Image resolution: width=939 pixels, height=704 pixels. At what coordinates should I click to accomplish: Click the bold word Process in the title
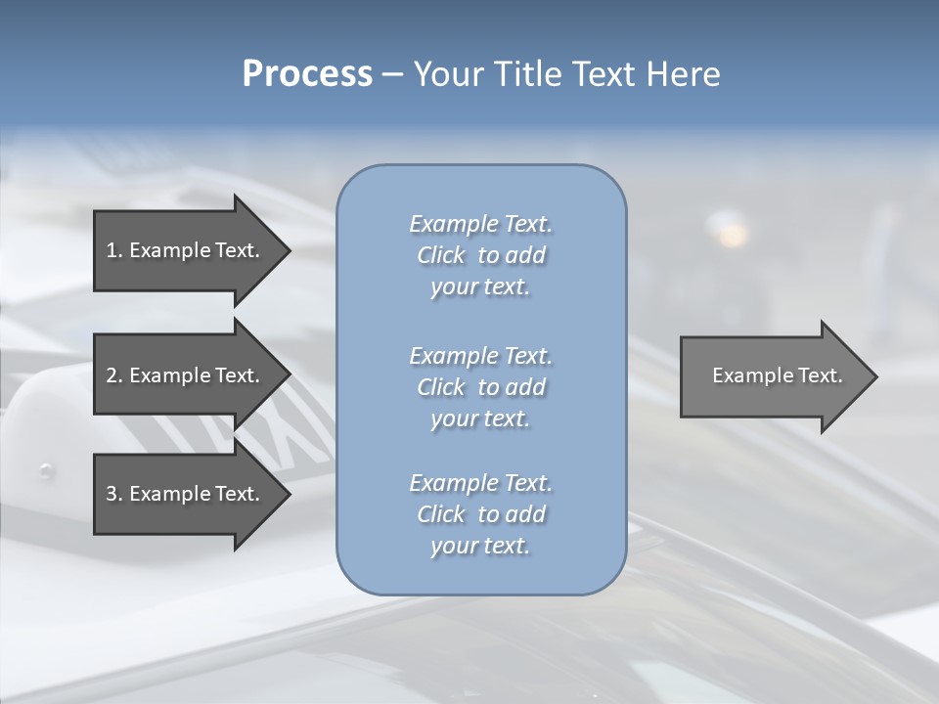pos(307,74)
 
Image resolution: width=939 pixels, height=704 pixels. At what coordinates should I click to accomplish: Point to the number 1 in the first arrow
pos(112,250)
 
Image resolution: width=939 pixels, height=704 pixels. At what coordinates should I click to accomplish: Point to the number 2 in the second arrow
pos(112,375)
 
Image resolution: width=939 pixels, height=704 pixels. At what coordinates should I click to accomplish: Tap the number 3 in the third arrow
pos(112,494)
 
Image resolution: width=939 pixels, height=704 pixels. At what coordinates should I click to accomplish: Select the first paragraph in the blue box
pos(480,255)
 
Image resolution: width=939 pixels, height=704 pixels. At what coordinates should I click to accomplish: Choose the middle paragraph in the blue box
pos(480,386)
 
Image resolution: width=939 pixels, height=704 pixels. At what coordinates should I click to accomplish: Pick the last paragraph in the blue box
pos(480,513)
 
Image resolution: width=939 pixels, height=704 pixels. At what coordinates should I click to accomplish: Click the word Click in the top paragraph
pos(441,255)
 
